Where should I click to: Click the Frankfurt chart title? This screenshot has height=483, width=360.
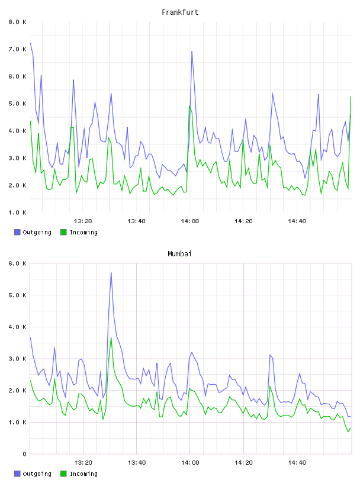[x=180, y=12]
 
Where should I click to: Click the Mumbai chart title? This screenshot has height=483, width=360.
[x=179, y=254]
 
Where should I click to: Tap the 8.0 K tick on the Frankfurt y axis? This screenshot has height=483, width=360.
[x=18, y=22]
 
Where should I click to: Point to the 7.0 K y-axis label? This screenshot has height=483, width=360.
[x=18, y=49]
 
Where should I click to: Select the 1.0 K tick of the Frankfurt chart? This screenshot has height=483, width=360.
[x=18, y=212]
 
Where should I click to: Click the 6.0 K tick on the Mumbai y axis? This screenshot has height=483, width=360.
[x=18, y=263]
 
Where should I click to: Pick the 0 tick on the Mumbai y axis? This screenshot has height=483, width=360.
[x=25, y=454]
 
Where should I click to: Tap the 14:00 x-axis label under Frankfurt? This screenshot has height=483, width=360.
[x=190, y=221]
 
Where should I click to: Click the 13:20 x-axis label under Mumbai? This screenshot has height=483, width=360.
[x=83, y=462]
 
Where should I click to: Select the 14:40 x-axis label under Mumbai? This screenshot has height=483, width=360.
[x=297, y=462]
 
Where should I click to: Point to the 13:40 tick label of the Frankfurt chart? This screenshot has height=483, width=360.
[x=136, y=221]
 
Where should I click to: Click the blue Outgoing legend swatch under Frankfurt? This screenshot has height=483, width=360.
[x=17, y=232]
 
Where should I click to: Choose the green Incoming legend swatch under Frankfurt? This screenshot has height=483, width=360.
[x=63, y=232]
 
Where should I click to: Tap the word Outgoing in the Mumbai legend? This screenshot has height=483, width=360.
[x=37, y=474]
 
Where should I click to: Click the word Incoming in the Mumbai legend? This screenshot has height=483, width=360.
[x=83, y=474]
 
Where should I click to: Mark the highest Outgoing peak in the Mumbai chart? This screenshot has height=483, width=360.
[x=111, y=273]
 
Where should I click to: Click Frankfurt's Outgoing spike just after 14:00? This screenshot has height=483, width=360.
[x=192, y=51]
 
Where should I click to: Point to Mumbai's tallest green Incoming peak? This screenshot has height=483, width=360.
[x=111, y=338]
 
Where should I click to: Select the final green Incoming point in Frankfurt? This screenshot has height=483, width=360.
[x=351, y=96]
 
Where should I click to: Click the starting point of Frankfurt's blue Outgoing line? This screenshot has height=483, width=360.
[x=30, y=43]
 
